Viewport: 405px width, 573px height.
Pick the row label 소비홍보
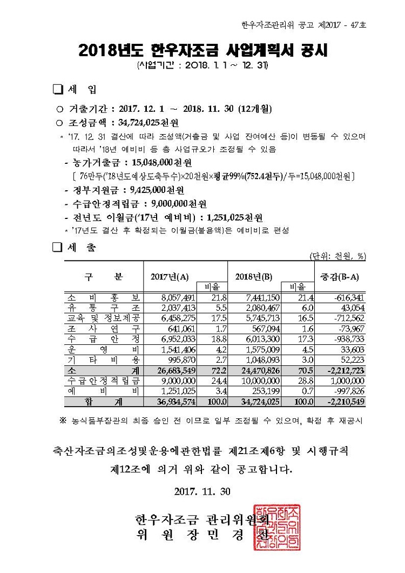(x=103, y=298)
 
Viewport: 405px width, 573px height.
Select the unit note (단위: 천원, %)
(x=337, y=256)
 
